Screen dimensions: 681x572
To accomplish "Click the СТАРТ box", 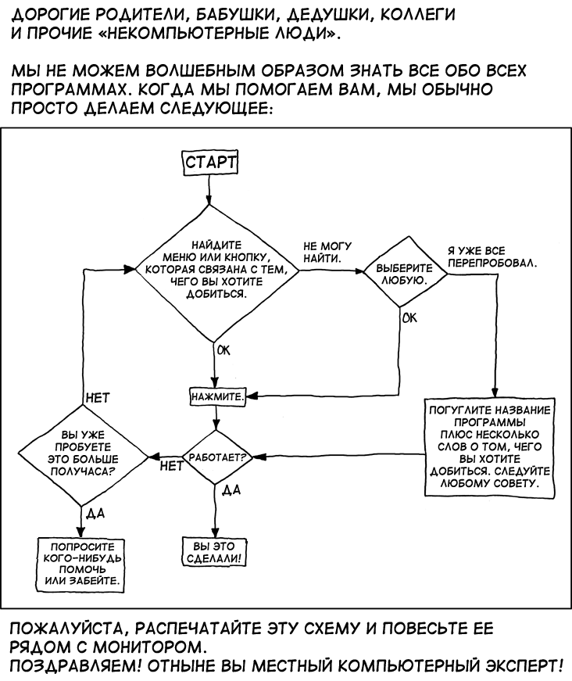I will pyautogui.click(x=209, y=163).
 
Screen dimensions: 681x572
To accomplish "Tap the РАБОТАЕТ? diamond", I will pyautogui.click(x=214, y=456).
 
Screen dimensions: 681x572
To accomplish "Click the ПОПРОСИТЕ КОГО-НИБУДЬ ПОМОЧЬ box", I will pyautogui.click(x=82, y=564).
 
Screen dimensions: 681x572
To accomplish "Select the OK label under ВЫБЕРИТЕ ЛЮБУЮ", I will pyautogui.click(x=409, y=318).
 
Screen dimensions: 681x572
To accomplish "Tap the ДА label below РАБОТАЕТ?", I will pyautogui.click(x=231, y=490).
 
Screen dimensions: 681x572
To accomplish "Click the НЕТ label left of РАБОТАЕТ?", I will pyautogui.click(x=169, y=466).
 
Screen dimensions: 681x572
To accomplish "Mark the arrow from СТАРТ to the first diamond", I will pyautogui.click(x=209, y=190).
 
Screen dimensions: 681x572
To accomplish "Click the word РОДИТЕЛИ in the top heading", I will pyautogui.click(x=111, y=16).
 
